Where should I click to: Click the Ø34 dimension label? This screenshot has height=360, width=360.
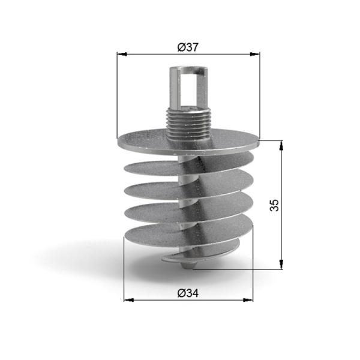tap(188, 293)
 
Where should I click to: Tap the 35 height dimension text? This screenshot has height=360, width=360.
tap(274, 205)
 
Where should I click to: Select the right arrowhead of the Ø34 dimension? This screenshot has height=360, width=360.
tap(248, 300)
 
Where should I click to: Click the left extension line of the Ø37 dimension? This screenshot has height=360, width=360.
tap(118, 96)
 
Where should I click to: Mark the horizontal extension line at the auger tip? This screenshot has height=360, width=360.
tap(240, 269)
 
